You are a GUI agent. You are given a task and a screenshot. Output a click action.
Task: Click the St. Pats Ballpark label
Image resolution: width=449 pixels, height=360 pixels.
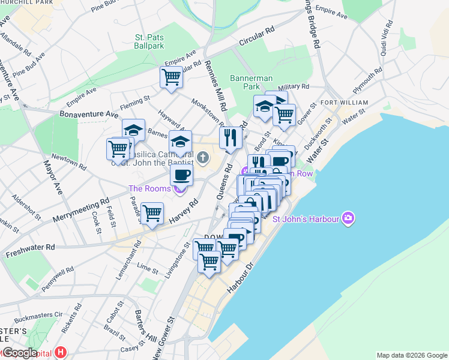pos(149,41)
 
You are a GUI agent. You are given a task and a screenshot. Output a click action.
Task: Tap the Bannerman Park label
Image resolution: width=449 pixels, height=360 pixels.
pos(252,82)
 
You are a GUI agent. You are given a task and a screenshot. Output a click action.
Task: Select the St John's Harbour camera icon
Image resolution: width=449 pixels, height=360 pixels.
pos(347,218)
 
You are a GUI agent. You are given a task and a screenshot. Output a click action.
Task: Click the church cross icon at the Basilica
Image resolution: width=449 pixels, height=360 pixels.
pos(203,158)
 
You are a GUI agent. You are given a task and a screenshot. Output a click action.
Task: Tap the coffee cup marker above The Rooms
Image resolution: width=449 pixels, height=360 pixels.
pos(181,175)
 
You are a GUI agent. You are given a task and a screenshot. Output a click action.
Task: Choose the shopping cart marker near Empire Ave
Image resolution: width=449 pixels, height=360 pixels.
pos(172,77)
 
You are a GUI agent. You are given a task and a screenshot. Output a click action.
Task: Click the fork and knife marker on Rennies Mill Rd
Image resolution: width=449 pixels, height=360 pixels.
pos(231,138)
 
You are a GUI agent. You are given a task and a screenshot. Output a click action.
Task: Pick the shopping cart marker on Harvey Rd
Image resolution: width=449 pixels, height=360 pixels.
pos(152,213)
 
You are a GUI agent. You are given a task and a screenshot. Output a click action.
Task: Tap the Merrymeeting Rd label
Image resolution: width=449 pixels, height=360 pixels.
pos(81,209)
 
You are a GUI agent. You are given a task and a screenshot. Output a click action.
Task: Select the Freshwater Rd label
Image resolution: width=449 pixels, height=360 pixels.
pos(30,247)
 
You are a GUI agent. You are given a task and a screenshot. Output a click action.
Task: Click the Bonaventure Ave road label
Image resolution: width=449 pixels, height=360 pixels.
pos(89,113)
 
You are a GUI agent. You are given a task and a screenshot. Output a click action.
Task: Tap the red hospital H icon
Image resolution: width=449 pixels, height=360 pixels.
pos(61,352)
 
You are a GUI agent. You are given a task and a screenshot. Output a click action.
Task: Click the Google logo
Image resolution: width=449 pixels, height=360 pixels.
pos(20,353)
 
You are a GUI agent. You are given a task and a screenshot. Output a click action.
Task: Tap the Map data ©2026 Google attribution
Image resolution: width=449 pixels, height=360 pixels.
pos(411,355)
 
